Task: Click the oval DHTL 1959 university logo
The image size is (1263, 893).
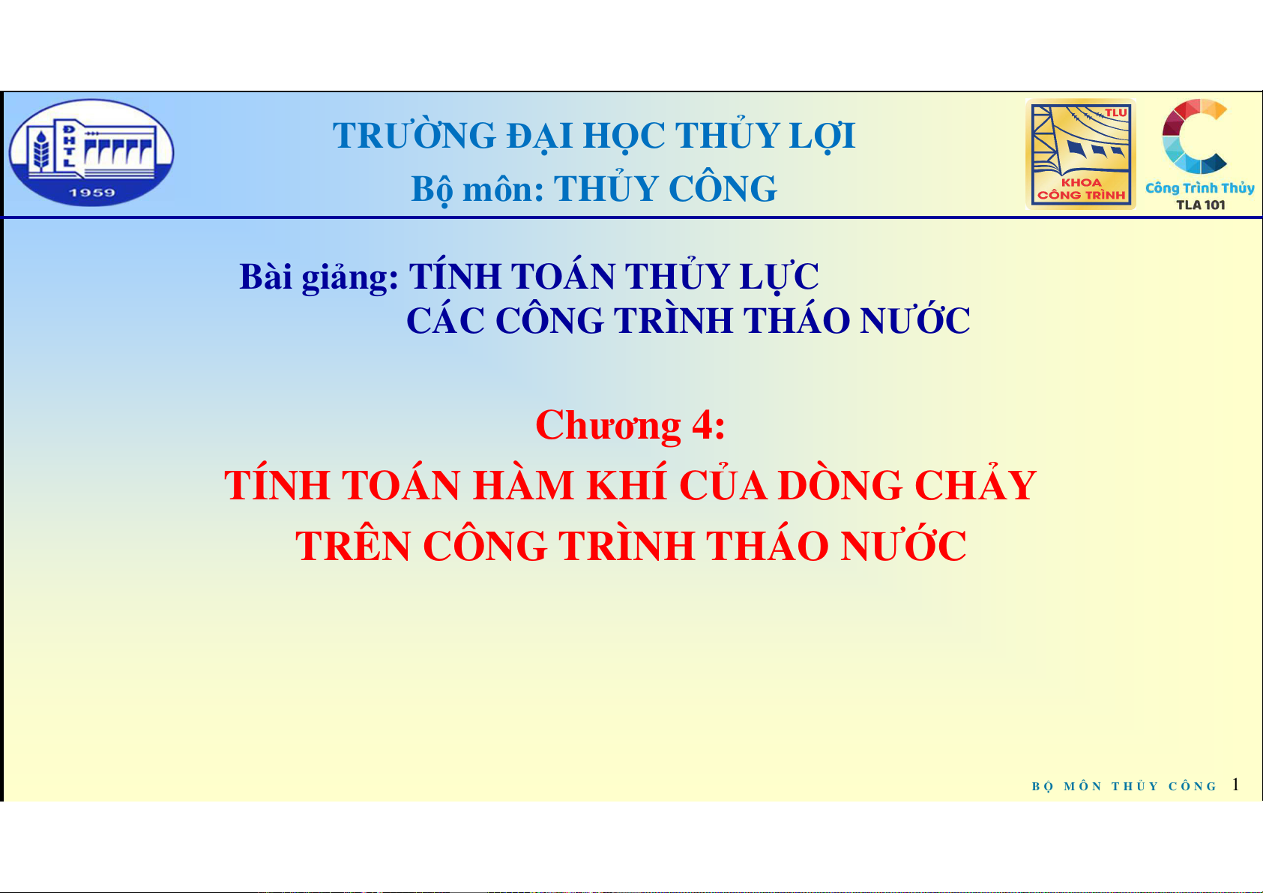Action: point(91,152)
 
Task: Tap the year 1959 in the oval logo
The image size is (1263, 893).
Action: point(92,193)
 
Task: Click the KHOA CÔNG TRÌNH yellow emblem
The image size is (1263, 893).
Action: point(1080,154)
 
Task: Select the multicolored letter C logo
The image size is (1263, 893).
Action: point(1194,136)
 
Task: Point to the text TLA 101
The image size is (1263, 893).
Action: point(1201,205)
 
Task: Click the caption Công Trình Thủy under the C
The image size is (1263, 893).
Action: point(1200,188)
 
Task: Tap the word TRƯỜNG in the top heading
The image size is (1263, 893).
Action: point(414,136)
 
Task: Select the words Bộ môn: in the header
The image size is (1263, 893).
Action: point(477,188)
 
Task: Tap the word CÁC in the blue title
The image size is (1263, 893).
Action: point(445,320)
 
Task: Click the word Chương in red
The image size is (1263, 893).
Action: point(609,425)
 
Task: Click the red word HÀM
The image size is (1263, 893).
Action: point(522,484)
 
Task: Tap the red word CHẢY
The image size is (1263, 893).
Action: point(975,484)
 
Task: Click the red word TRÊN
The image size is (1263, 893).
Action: point(353,545)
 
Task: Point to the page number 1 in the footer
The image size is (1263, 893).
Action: point(1235,785)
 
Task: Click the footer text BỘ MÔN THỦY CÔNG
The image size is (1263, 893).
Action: point(1124,787)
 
